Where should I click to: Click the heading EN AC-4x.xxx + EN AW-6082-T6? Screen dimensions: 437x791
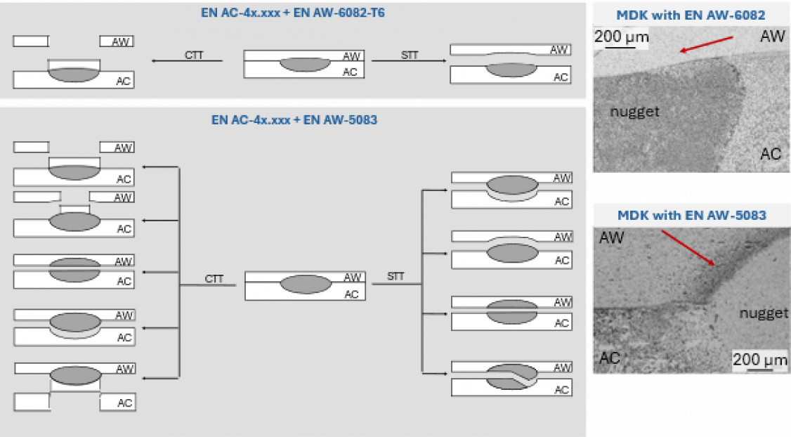click(294, 12)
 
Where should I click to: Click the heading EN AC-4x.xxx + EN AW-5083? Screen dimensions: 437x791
click(294, 119)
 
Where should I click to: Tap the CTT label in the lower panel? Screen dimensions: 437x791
click(214, 279)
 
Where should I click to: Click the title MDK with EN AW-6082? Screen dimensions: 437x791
click(691, 15)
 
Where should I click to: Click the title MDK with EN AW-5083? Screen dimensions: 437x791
click(691, 215)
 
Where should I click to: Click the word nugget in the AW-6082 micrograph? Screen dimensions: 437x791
click(635, 111)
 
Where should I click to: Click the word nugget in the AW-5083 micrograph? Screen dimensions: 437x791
click(764, 313)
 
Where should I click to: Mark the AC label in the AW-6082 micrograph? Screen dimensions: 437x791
click(771, 154)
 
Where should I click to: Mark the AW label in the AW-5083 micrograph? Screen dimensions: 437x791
click(611, 239)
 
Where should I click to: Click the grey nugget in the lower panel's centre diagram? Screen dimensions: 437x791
click(306, 285)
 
